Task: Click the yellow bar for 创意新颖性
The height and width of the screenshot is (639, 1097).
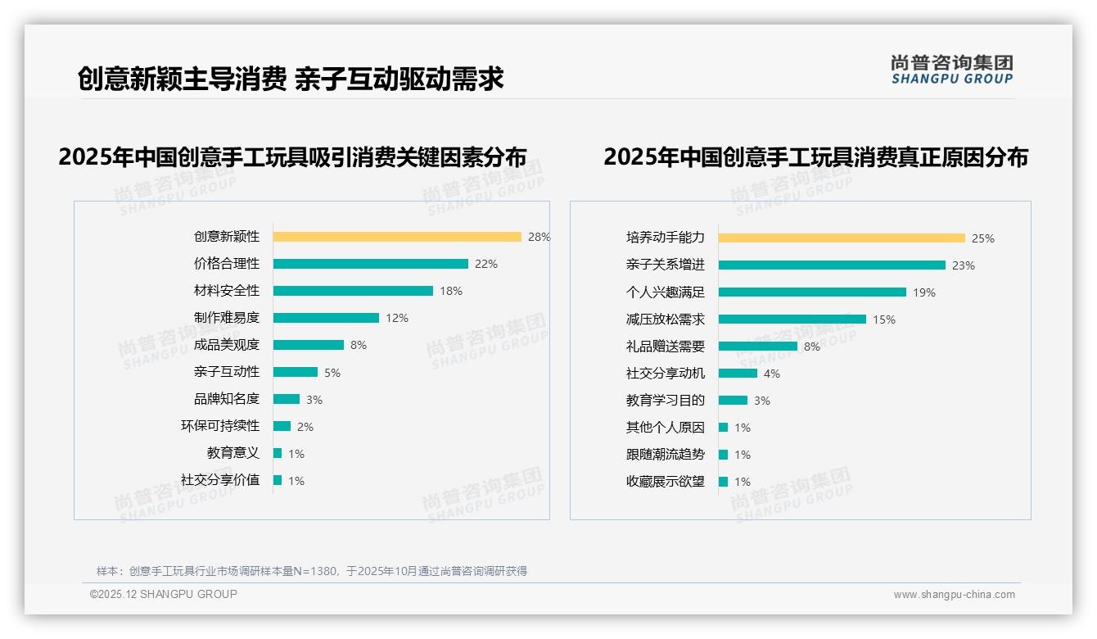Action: click(x=397, y=237)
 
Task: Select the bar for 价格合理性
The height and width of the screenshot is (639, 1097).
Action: click(x=370, y=264)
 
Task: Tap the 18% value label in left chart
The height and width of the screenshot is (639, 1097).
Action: click(x=451, y=291)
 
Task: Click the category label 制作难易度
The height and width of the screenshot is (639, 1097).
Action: click(x=227, y=318)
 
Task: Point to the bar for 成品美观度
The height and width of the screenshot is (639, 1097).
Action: click(x=309, y=345)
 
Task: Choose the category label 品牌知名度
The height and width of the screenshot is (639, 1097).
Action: click(x=227, y=399)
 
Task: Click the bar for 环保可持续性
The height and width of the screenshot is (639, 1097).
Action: click(x=282, y=426)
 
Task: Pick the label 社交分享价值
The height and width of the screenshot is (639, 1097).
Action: click(x=220, y=480)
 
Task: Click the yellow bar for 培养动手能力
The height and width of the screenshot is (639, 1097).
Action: click(x=842, y=238)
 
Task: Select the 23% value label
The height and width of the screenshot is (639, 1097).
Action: click(x=964, y=265)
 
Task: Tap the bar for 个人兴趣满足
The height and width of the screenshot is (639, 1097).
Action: click(x=812, y=292)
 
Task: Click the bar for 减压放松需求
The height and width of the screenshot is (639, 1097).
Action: click(x=792, y=319)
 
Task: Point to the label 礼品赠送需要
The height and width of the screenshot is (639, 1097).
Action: click(x=666, y=347)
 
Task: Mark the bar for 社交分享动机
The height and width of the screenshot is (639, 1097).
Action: click(x=738, y=374)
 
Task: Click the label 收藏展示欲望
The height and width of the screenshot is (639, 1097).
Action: click(x=666, y=482)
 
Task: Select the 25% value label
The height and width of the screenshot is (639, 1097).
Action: click(x=983, y=238)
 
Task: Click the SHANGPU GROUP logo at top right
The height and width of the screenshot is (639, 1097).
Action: click(x=952, y=70)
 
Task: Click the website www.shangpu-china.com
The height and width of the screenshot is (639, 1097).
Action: click(x=954, y=595)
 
